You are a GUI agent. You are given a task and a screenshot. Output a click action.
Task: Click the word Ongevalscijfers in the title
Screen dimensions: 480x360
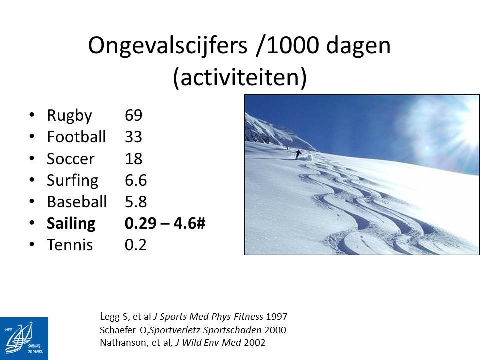[x=168, y=46]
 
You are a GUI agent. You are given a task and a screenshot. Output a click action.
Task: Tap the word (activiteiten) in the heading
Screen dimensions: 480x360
[x=240, y=78]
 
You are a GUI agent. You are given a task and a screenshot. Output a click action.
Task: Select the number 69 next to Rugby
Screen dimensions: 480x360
[x=134, y=115]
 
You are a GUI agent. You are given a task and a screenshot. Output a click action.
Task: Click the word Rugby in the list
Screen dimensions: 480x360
[x=69, y=116]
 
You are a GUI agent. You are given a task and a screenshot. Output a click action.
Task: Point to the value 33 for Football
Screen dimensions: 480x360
[x=134, y=137]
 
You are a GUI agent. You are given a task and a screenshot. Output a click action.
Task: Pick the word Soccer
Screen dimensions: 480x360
[x=70, y=159]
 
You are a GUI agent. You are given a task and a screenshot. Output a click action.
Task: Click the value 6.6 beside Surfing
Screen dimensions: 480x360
[x=136, y=180]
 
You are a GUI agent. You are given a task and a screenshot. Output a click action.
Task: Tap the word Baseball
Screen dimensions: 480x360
[x=77, y=202]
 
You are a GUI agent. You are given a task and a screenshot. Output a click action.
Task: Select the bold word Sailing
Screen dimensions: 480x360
[x=71, y=224]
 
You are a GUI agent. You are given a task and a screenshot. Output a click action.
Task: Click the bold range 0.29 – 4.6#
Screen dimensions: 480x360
[x=165, y=223]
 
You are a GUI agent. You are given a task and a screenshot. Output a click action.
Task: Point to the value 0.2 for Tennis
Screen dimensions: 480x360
[x=136, y=245]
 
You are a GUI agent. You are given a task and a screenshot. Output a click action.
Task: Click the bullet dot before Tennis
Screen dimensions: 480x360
[x=32, y=244]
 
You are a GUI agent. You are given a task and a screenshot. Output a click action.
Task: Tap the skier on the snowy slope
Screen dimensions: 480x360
[x=298, y=154]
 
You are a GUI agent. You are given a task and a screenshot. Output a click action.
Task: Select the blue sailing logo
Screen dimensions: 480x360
[x=24, y=338]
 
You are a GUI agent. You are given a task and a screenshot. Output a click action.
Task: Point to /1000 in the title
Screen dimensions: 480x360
[x=288, y=46]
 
